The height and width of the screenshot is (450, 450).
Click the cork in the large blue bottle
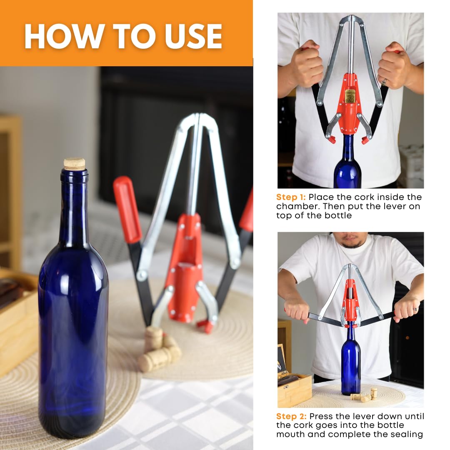(74, 164)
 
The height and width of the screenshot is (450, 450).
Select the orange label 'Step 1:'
(291, 197)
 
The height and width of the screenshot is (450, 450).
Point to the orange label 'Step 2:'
(291, 416)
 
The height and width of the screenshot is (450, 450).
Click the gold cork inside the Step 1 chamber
(349, 96)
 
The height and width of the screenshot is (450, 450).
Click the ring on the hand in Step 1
(383, 83)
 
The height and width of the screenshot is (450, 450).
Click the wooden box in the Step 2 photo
(295, 390)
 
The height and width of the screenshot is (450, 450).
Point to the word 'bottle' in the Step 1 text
(338, 215)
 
